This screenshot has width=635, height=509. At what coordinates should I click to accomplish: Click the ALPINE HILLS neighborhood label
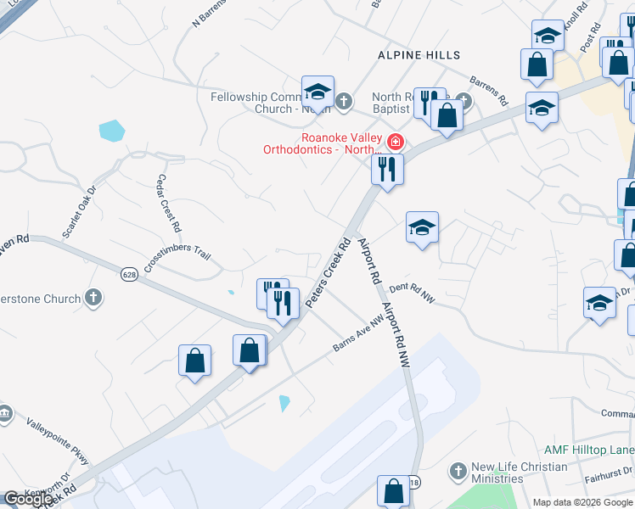tap(419, 55)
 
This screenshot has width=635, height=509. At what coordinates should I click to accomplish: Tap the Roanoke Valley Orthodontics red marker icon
tap(395, 141)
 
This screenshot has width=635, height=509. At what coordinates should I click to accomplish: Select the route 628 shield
tap(129, 274)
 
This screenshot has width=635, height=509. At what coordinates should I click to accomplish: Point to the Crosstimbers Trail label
tap(177, 260)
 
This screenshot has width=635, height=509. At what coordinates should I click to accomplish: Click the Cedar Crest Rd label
tap(169, 204)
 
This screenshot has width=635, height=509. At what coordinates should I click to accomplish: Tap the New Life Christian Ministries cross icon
tap(458, 471)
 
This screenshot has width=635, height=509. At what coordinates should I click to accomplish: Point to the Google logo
tap(27, 499)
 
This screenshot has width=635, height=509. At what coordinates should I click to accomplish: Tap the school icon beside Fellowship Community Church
tap(317, 92)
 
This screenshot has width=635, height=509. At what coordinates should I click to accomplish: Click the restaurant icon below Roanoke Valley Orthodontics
tap(387, 169)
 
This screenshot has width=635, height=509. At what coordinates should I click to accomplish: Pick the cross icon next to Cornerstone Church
tap(93, 299)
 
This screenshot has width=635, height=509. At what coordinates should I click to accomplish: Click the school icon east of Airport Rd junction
tap(422, 227)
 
